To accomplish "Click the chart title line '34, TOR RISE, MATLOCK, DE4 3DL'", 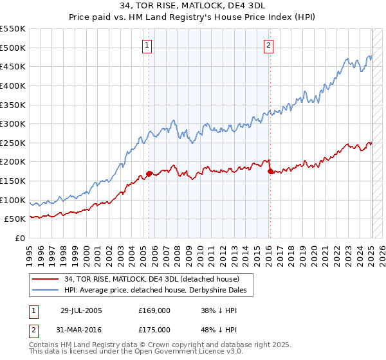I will coord(194,7).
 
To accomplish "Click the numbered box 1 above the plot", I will coord(148,45).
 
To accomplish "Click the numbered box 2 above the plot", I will coord(268,45).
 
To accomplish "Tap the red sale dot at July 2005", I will coord(149,174).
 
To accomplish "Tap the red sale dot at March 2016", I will coord(270,171).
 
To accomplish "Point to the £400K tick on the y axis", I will coord(14,85).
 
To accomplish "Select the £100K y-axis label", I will coord(14,200).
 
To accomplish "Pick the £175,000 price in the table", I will coord(154,329).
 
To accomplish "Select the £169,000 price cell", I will coord(154,310).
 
